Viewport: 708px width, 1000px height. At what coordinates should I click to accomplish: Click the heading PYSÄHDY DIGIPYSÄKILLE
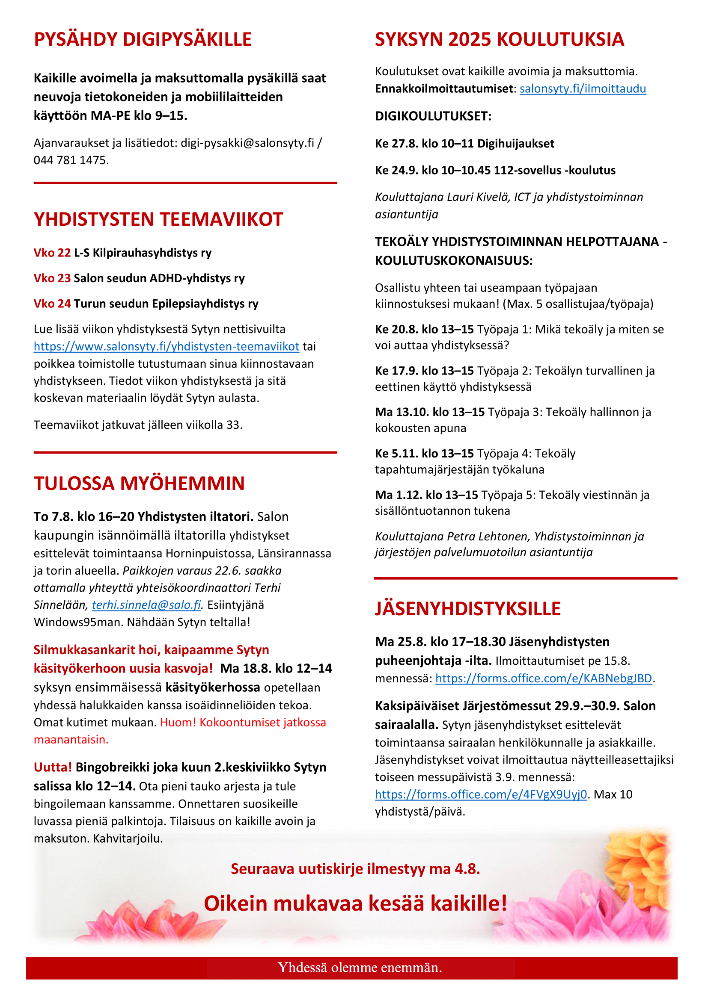tap(143, 39)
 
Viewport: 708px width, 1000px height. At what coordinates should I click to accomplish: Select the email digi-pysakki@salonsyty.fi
tap(247, 143)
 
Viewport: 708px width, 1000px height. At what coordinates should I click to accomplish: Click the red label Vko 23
tap(52, 278)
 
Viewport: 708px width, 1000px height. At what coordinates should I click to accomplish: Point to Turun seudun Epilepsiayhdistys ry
tap(166, 304)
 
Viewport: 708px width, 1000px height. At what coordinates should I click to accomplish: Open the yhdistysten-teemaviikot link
tap(166, 347)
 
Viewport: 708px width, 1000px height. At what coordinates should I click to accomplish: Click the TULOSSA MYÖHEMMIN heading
tap(139, 484)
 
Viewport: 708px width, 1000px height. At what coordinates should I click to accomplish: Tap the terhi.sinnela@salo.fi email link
tap(146, 605)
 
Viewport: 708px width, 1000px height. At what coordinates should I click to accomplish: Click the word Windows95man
tap(78, 622)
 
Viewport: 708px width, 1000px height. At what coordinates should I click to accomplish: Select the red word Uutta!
tap(53, 767)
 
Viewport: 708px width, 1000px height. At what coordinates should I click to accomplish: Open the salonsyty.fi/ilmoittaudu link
tap(583, 89)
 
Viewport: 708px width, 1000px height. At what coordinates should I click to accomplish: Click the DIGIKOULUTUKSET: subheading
tap(433, 116)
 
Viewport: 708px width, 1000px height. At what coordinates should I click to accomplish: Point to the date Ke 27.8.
tap(396, 144)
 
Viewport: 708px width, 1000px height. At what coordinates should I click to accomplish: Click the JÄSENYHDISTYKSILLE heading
tap(467, 609)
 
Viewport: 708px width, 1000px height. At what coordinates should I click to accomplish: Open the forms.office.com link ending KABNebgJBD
tap(543, 678)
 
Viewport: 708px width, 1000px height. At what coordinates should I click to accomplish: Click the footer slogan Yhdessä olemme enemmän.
tap(360, 968)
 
